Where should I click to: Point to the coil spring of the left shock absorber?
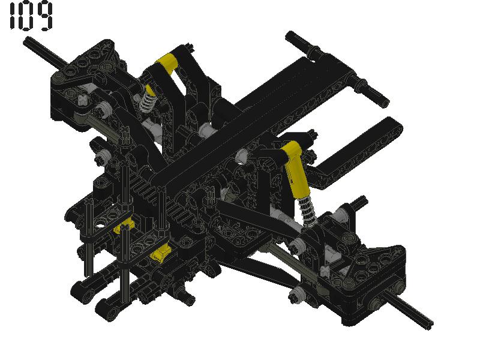point(146,101)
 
